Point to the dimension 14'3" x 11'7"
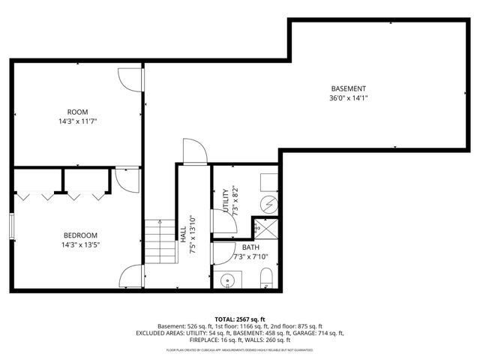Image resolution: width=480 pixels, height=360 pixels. (78, 121)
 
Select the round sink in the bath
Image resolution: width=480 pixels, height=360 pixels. (226, 281)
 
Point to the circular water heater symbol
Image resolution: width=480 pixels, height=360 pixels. (268, 203)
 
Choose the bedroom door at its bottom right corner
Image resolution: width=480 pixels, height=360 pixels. (130, 277)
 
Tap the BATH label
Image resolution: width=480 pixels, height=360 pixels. (249, 247)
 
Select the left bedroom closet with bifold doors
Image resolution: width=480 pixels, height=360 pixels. (37, 184)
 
